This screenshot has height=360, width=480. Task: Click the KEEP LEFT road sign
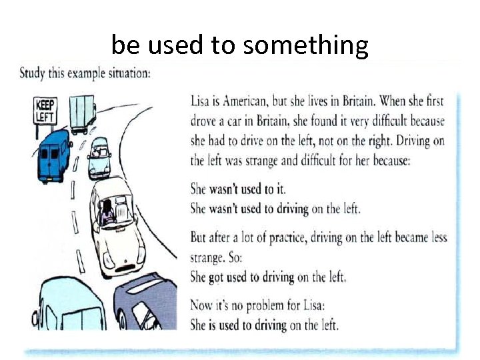tap(45, 110)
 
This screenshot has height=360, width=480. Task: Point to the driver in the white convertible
tap(107, 212)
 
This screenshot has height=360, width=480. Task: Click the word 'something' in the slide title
tap(306, 46)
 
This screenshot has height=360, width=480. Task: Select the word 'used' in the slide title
tap(175, 46)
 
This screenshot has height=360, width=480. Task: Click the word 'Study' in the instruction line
tap(32, 73)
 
